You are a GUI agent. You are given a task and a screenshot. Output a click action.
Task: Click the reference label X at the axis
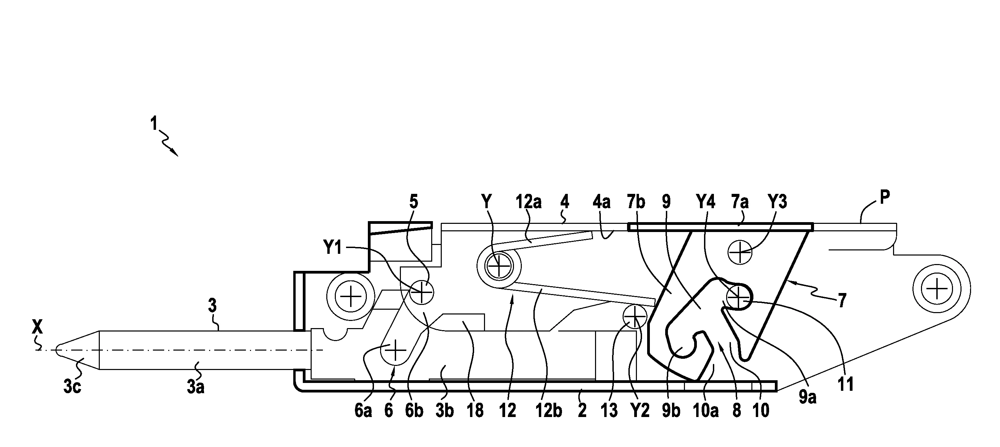pos(37,327)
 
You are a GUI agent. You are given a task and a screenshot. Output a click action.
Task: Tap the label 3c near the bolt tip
pos(72,387)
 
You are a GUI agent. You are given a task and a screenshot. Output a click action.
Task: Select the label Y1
pos(332,247)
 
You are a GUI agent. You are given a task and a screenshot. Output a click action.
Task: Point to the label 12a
pos(528,202)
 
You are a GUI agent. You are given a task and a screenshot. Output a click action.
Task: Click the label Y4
pos(705,202)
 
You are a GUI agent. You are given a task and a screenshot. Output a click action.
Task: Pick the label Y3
pos(777,202)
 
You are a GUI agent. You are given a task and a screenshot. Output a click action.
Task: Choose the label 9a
pos(807,397)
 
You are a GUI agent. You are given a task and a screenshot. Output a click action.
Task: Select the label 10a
pos(705,411)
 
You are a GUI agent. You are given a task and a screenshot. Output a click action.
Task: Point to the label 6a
pos(363,411)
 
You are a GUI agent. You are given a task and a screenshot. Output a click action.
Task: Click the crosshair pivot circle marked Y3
pos(740,252)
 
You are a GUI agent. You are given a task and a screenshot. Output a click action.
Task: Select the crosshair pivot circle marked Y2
pos(634,317)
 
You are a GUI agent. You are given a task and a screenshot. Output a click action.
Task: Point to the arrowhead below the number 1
pos(175,153)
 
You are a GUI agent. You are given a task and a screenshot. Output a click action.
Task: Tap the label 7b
pos(636,202)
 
